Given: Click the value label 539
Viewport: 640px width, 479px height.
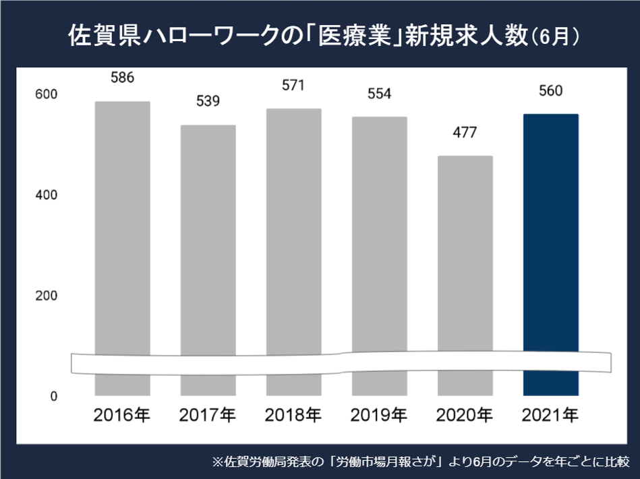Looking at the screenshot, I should (x=208, y=101).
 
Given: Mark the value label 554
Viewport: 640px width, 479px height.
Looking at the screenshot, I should (x=379, y=94).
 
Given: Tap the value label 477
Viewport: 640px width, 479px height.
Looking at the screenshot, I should (x=465, y=132).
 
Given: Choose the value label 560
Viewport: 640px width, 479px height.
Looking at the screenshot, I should (x=550, y=90).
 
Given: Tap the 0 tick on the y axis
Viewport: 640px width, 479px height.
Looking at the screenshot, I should (x=53, y=396).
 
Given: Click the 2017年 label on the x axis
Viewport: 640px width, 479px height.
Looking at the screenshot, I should (x=208, y=415).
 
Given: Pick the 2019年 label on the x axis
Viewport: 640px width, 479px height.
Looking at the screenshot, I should (x=379, y=415).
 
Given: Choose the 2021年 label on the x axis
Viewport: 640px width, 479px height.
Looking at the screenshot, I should (x=550, y=415).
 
